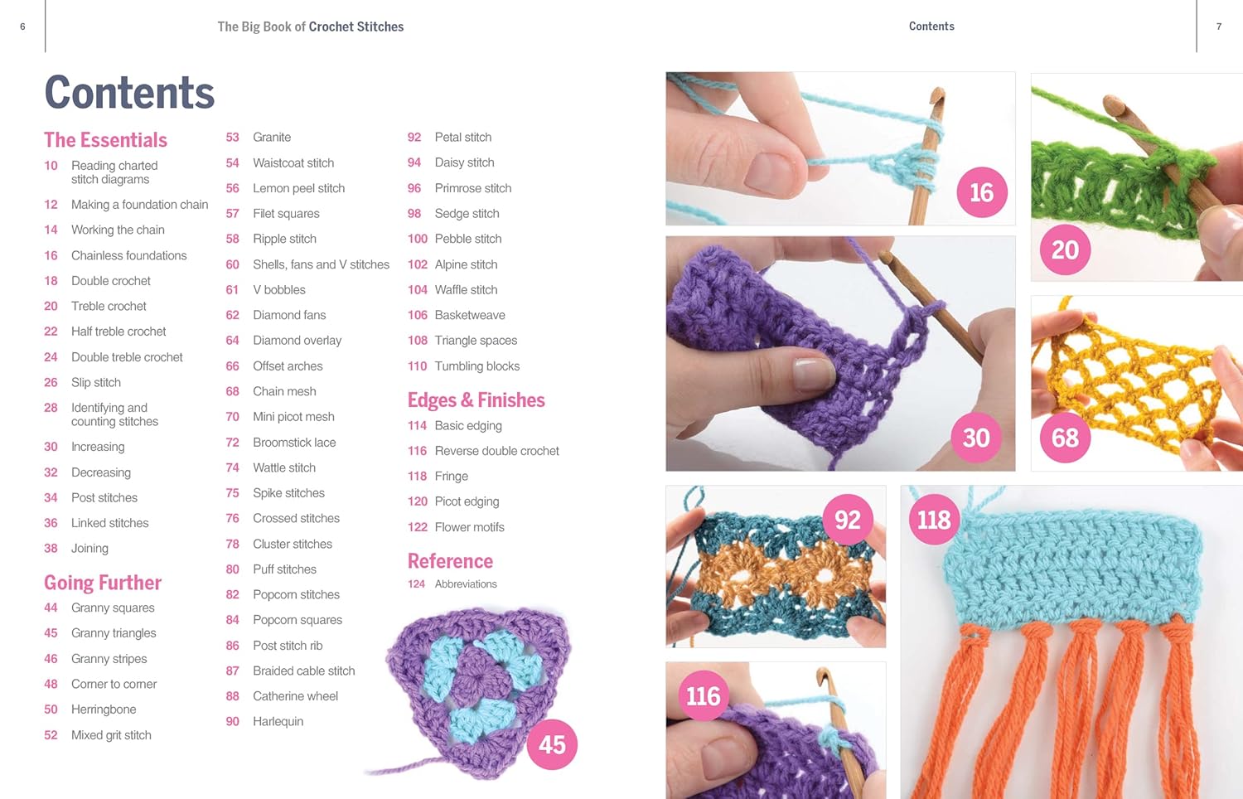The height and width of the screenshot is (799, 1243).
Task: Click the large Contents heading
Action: click(x=129, y=92)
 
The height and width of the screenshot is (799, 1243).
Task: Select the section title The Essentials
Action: click(x=105, y=140)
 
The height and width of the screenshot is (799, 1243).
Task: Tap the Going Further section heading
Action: click(x=103, y=583)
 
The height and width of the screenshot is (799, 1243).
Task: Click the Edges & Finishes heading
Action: click(x=476, y=400)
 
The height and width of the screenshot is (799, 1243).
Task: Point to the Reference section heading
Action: click(x=450, y=561)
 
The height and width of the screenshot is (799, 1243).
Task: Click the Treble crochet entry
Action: click(x=109, y=306)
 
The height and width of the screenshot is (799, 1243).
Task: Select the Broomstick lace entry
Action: click(x=294, y=443)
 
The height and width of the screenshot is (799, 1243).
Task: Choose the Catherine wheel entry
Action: click(x=295, y=696)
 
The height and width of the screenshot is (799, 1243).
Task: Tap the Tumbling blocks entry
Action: click(x=477, y=366)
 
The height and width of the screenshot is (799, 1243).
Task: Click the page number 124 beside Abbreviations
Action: click(x=416, y=584)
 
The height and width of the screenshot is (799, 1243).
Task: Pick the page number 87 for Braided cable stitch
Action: click(x=232, y=671)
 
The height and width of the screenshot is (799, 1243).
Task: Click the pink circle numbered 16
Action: click(x=981, y=193)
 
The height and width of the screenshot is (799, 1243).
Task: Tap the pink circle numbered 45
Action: click(x=552, y=744)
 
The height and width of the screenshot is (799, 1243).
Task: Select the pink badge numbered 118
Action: click(x=934, y=520)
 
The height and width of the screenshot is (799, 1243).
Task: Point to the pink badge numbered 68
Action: click(x=1065, y=438)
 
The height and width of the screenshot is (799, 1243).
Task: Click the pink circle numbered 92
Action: click(x=847, y=520)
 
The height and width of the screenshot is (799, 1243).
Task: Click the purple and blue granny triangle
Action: click(x=476, y=684)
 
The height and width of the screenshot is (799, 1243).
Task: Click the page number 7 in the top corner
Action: click(x=1218, y=27)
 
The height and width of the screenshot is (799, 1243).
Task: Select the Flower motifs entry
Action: click(x=469, y=527)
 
